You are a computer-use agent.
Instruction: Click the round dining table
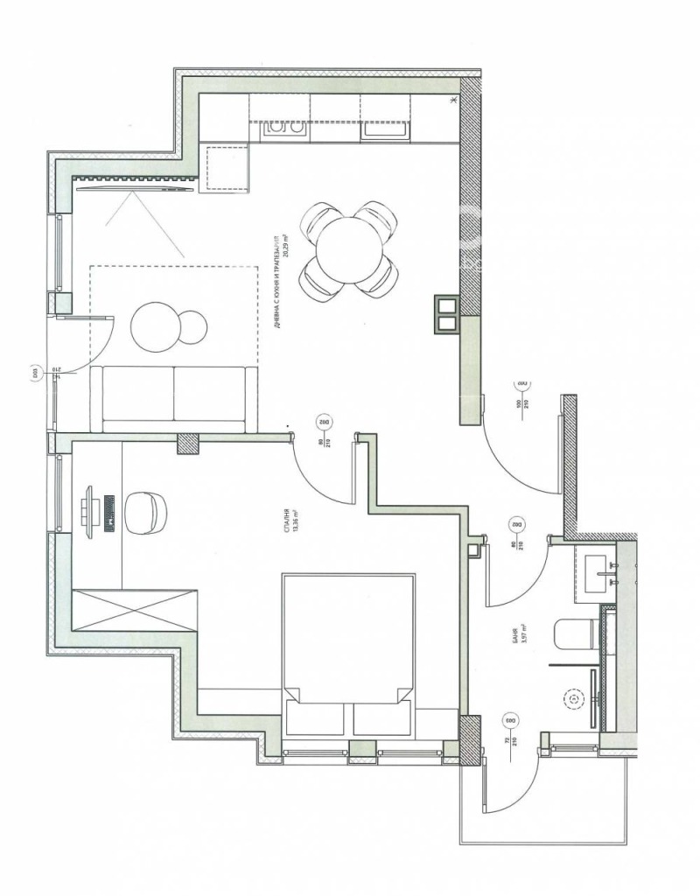point(348,249)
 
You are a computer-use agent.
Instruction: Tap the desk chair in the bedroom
point(143,512)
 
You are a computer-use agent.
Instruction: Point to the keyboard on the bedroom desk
point(110,512)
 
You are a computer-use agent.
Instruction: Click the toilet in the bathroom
point(577,634)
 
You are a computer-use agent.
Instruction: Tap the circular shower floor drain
point(573,699)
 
